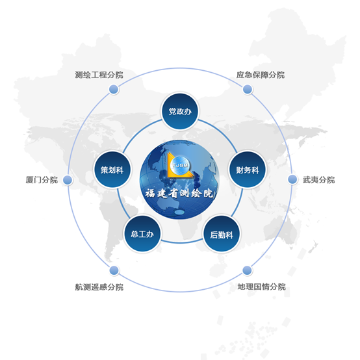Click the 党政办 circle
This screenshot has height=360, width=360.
pos(180,111)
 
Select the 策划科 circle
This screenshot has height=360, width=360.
pos(112,170)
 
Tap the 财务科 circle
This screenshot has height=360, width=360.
pos(248,170)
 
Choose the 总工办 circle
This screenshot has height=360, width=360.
pos(142,234)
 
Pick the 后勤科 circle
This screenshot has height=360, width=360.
pos(222,234)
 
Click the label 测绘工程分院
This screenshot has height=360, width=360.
pos(99,75)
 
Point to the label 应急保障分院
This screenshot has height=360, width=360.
pos(261,75)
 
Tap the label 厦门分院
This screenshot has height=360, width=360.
pos(42,180)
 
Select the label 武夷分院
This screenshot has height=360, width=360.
pos(318,180)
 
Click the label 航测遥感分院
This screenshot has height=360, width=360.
pos(99,287)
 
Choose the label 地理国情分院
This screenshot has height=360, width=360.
pos(261,287)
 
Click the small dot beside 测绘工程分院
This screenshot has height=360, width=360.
pos(114,89)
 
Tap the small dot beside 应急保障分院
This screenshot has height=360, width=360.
pos(248,89)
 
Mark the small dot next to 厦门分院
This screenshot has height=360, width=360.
pos(68,180)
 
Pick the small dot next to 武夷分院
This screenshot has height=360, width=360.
pos(292,179)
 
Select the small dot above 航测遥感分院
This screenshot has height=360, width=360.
pos(114,270)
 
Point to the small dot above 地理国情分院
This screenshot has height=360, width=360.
pos(247,270)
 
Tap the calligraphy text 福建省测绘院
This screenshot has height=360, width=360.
pos(179,193)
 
